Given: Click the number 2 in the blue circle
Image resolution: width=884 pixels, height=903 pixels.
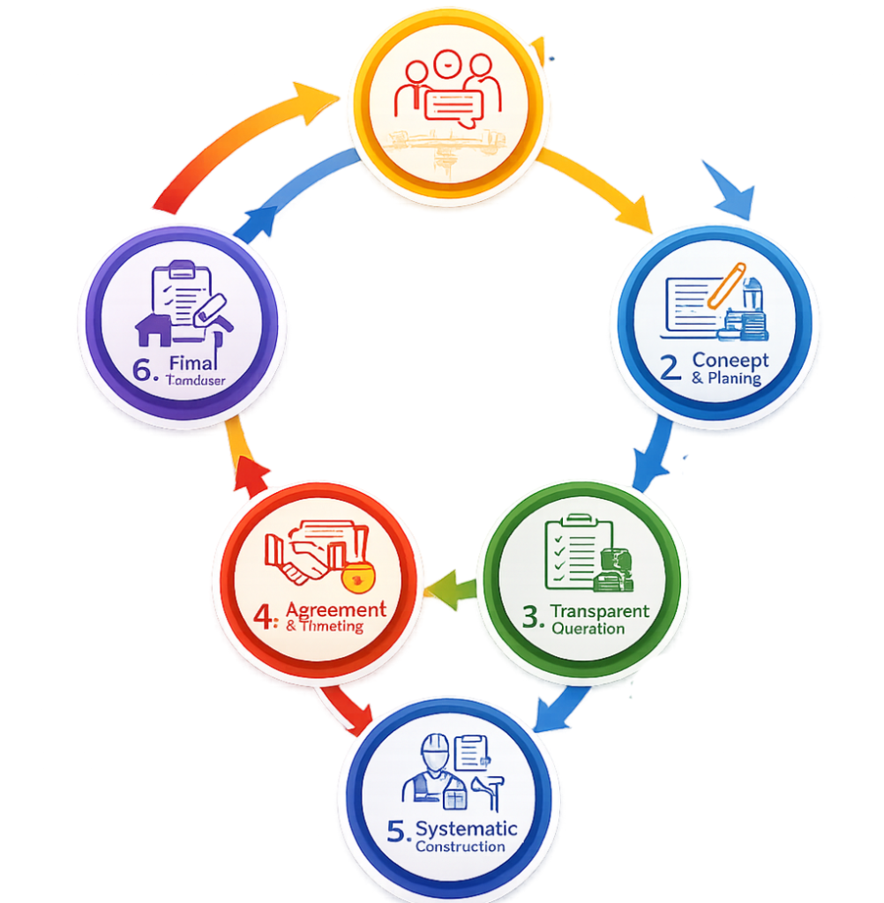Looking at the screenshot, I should click(670, 367).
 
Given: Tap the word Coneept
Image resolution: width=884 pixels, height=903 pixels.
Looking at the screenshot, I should click(730, 360).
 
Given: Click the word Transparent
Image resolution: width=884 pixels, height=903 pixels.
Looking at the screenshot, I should click(599, 611).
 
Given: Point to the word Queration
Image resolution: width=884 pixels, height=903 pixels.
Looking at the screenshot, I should click(588, 629).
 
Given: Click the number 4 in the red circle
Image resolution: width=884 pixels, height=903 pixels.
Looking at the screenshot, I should click(266, 616).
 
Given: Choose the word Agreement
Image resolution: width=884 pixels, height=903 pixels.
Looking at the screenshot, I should click(336, 608).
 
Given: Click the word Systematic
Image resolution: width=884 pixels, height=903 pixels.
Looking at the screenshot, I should click(466, 828).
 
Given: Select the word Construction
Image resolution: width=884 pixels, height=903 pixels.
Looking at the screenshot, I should click(460, 847).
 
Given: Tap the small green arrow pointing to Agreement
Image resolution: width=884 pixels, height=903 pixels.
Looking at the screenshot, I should click(450, 586).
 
